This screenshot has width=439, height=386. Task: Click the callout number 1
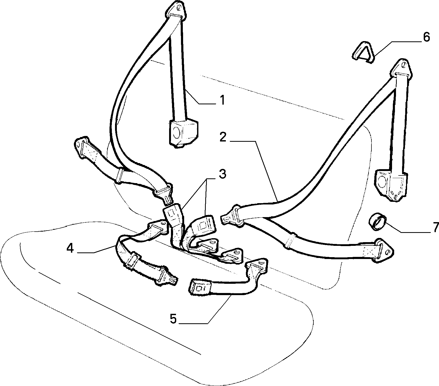click(x=222, y=100)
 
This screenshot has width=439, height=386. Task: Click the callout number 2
click(x=223, y=137)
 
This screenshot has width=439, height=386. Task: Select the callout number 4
click(x=70, y=248)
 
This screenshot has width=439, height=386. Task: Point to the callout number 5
click(x=173, y=319)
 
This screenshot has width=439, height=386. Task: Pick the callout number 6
click(x=426, y=37)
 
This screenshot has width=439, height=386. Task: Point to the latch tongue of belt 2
click(x=231, y=215)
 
